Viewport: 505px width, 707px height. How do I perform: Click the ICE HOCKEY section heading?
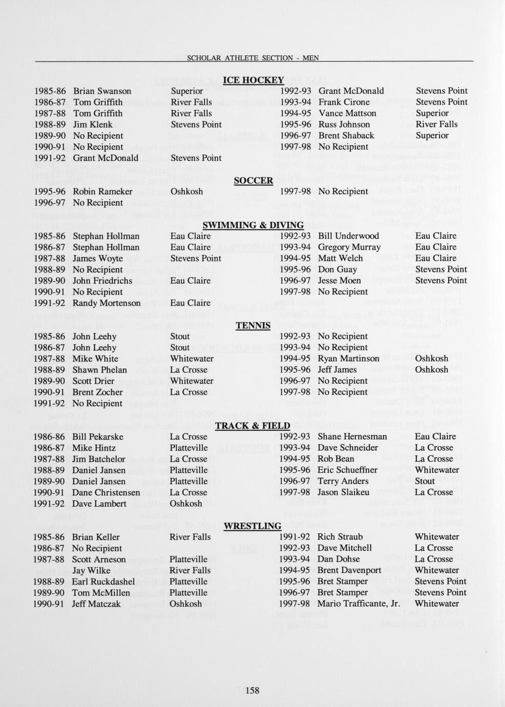(x=253, y=80)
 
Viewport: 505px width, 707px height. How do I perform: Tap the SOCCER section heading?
(x=253, y=180)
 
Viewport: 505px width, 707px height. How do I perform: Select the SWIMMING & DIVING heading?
(x=253, y=225)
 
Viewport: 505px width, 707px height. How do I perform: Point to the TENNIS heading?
(x=253, y=325)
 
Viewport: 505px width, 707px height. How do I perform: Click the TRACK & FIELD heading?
(x=252, y=425)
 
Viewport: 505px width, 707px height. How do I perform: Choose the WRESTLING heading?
(x=252, y=526)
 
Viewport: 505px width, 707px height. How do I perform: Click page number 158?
(x=252, y=690)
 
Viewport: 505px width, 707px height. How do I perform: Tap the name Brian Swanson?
(x=102, y=91)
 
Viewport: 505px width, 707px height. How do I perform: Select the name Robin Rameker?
(x=102, y=192)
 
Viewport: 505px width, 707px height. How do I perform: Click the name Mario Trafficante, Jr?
(x=358, y=604)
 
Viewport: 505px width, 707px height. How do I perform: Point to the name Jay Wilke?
(x=91, y=570)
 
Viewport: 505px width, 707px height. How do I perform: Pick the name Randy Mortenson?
(x=107, y=303)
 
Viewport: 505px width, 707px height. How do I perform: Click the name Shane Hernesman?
(x=352, y=436)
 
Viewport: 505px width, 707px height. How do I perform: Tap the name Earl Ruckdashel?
(x=103, y=581)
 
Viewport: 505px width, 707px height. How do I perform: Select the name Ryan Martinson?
(x=349, y=359)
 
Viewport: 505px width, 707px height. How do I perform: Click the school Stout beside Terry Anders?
(x=425, y=481)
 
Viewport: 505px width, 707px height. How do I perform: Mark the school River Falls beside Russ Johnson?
(x=436, y=124)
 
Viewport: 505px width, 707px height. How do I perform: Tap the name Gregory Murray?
(x=349, y=247)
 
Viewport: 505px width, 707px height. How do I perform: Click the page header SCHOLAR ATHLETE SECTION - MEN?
(x=253, y=58)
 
